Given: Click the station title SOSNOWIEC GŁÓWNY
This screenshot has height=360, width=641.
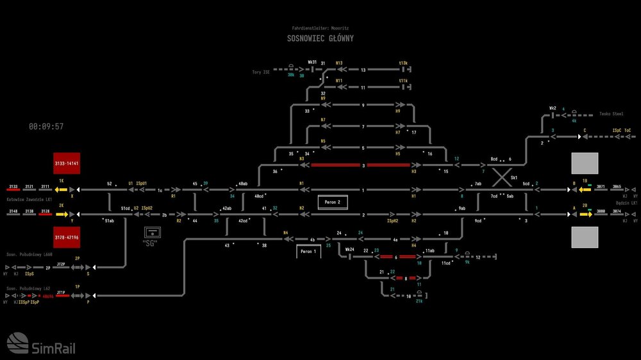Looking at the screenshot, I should point(320,38).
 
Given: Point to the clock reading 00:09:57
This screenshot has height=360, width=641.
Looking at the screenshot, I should point(46,127).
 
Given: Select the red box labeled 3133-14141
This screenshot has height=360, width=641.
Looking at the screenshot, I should point(67,163).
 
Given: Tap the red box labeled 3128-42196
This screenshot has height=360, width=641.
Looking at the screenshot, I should point(67,238).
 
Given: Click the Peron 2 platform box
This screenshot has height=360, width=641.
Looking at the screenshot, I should point(331,202).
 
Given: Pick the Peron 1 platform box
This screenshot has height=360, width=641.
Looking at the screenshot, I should point(308,251).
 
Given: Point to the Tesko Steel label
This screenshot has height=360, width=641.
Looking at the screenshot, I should point(611,114).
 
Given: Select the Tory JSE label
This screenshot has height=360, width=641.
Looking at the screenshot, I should point(262,72).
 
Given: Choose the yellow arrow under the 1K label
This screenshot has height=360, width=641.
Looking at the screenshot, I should point(62,190).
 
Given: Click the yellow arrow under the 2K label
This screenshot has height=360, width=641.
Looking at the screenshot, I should point(62,214).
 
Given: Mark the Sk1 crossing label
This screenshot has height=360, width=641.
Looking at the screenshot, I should point(514,178).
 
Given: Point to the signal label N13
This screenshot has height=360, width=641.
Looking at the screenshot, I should point(339,63).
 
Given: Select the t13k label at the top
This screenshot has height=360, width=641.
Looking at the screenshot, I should point(403,63).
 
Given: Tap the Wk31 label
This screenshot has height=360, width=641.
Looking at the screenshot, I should point(312,63).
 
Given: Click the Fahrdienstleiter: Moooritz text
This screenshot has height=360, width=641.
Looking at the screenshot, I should point(320,28).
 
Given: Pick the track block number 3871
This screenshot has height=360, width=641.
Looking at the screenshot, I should point(601,186).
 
